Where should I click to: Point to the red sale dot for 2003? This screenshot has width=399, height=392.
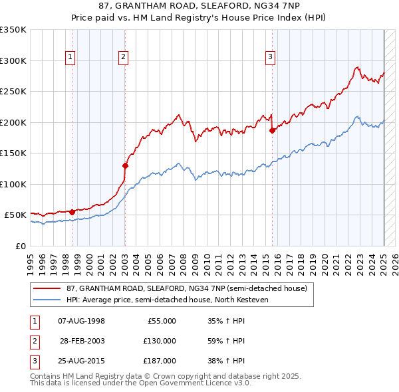[125, 165]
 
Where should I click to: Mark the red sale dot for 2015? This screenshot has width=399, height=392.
[272, 131]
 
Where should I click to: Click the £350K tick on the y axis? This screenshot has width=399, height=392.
[13, 30]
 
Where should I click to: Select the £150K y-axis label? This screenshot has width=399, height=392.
[13, 153]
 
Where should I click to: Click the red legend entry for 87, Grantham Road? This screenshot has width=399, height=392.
[186, 288]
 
